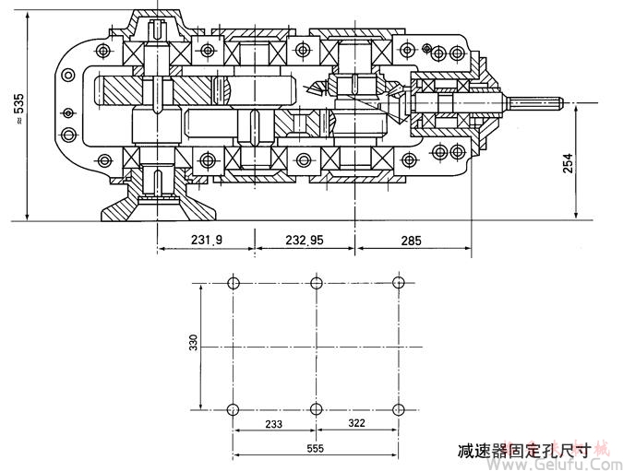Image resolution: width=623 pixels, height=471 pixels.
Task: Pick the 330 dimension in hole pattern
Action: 194,344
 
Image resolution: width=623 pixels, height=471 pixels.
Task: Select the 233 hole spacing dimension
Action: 272,425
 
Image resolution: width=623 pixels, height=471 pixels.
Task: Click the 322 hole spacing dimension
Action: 356,425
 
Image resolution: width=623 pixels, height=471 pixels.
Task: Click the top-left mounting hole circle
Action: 233,282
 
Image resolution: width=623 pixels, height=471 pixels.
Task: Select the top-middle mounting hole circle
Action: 316,282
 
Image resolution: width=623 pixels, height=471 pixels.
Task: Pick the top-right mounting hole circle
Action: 398,282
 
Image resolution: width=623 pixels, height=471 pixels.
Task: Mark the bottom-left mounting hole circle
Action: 233,409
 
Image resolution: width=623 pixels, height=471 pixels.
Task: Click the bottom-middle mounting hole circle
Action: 316,409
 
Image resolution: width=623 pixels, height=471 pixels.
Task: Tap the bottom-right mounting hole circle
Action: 398,409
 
